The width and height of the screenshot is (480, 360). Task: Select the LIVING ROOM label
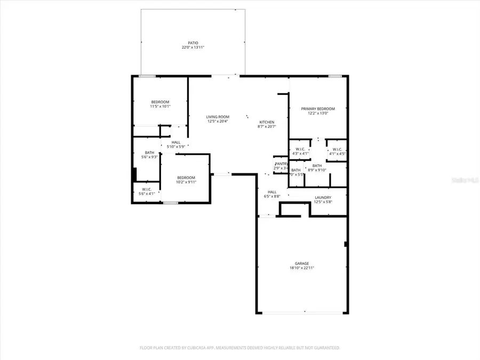pos(218,117)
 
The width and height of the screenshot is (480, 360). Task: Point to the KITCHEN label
pos(267,122)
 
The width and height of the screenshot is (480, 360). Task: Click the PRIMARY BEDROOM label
pos(318,108)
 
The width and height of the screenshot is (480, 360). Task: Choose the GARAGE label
pos(302,263)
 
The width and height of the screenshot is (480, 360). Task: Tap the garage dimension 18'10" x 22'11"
pos(302,268)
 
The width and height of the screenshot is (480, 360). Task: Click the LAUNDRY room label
pos(323,197)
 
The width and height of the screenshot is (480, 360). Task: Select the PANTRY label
pos(281,164)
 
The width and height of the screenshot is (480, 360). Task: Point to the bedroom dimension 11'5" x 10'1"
pos(160,107)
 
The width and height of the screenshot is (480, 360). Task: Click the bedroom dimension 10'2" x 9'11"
pos(186,182)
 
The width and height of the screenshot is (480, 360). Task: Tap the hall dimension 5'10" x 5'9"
pos(175,147)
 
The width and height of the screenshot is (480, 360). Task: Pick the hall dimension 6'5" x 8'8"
pos(272,196)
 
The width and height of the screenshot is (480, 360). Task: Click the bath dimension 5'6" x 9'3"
pos(149,157)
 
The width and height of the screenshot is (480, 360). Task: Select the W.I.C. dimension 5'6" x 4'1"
pos(146,194)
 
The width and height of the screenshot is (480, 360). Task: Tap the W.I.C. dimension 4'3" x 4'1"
pos(300,154)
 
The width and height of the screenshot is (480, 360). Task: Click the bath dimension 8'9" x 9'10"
pos(317,170)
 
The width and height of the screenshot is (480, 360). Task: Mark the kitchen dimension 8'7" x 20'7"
pos(267,126)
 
